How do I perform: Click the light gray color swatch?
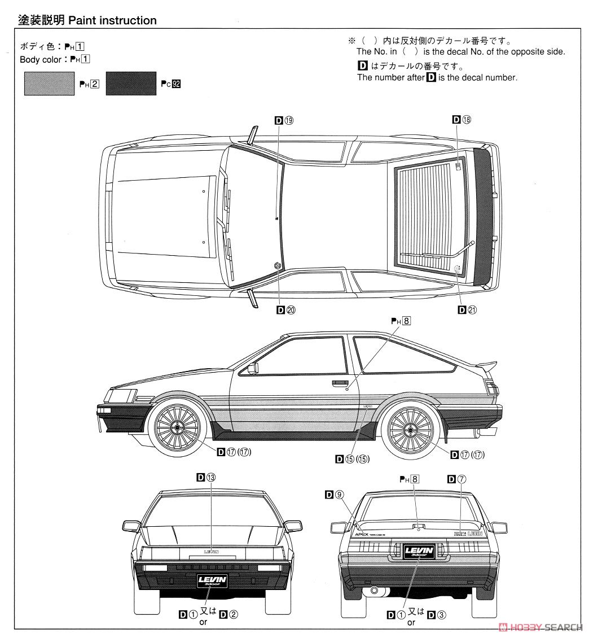pos(49,84)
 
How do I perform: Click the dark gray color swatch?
pos(130,84)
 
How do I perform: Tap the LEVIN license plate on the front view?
pos(212,581)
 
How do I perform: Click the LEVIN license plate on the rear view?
pos(418,550)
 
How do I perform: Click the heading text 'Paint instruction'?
pos(112,20)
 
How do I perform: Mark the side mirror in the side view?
pos(252,369)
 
